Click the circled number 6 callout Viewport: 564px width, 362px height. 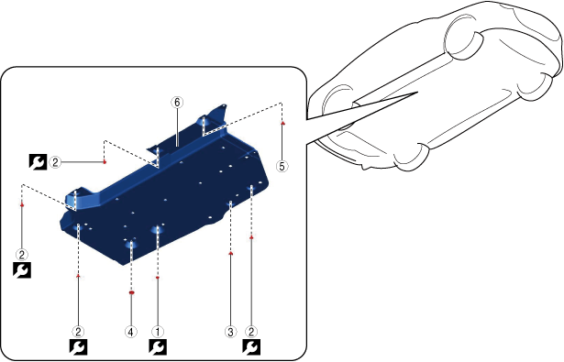click(177, 103)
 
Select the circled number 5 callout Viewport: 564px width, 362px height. click(282, 166)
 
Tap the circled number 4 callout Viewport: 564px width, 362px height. click(131, 332)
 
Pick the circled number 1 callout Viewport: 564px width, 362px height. click(157, 332)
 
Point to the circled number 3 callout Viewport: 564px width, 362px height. click(230, 332)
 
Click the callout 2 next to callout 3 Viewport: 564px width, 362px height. click(251, 332)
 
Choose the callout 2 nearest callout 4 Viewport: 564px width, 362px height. click(78, 332)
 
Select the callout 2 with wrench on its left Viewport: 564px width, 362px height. click(55, 162)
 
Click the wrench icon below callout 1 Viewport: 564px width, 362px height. click(158, 347)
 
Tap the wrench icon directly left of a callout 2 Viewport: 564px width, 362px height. click(38, 162)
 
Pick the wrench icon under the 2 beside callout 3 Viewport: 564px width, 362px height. click(251, 347)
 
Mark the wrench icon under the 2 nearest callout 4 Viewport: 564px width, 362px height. click(79, 347)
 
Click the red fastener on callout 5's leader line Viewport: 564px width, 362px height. click(282, 123)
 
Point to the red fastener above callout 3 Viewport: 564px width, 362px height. click(230, 253)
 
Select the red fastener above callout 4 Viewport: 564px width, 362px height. click(131, 293)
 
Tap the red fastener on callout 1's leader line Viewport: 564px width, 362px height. click(158, 278)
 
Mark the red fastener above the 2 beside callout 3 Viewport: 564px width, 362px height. click(251, 237)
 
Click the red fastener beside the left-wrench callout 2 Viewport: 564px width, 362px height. click(105, 162)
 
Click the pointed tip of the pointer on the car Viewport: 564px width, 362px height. click(417, 92)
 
